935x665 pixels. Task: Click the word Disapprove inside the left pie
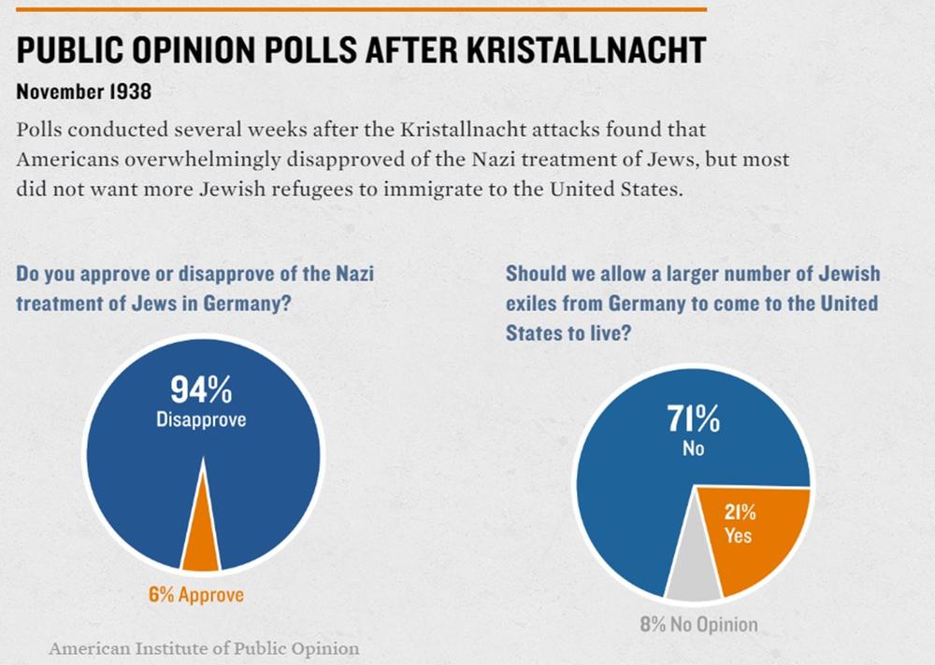tap(201, 419)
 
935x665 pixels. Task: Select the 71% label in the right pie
tap(693, 420)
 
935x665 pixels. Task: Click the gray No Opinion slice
tap(693, 560)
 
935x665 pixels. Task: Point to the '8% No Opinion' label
tap(698, 624)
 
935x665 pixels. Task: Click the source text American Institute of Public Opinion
tap(204, 647)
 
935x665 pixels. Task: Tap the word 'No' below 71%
tap(693, 449)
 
